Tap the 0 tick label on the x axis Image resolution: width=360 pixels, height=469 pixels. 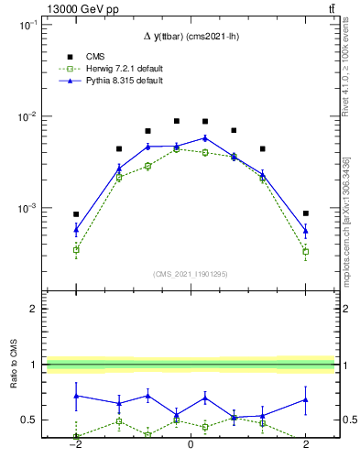click(191, 448)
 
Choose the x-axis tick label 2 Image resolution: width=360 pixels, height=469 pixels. click(306, 448)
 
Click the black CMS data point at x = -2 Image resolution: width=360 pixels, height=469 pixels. click(76, 214)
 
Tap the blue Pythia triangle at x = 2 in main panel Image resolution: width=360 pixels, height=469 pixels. click(306, 230)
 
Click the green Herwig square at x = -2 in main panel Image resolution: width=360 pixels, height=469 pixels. click(76, 249)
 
